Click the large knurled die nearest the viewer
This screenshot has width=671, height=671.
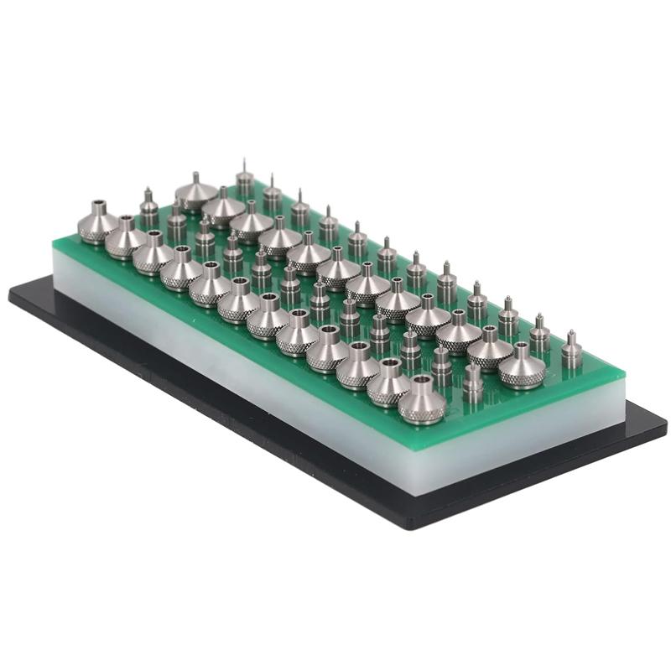tap(421, 401)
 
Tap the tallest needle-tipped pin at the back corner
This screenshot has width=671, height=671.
tap(244, 179)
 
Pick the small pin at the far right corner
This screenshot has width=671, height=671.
tap(572, 350)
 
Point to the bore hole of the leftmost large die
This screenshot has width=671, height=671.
tap(99, 205)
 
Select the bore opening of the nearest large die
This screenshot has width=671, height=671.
tap(422, 382)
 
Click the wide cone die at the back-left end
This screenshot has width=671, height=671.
tap(195, 193)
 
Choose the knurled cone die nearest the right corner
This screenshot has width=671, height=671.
tap(522, 367)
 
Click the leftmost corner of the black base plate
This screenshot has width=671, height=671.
tap(10, 293)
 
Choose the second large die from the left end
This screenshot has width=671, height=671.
tap(126, 238)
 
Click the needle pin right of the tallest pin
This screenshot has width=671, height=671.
tap(272, 195)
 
